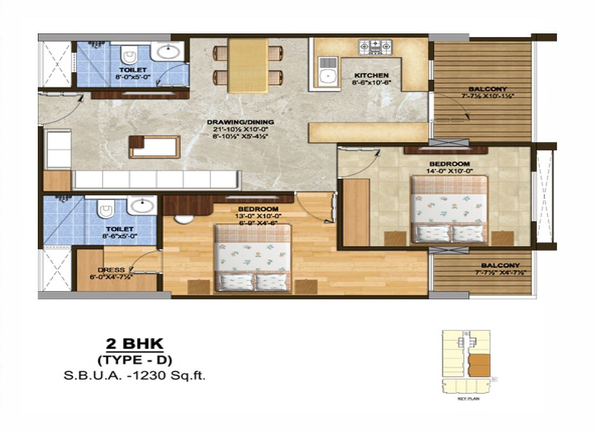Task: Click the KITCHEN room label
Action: pos(371,75)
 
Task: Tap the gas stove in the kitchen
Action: pos(375,47)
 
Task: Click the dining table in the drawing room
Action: pos(247,65)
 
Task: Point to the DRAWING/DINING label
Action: pos(240,122)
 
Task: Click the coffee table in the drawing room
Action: pos(154,146)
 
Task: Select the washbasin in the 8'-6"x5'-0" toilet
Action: pos(142,206)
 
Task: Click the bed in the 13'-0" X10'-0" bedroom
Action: pos(253,258)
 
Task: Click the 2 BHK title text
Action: pos(134,343)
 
